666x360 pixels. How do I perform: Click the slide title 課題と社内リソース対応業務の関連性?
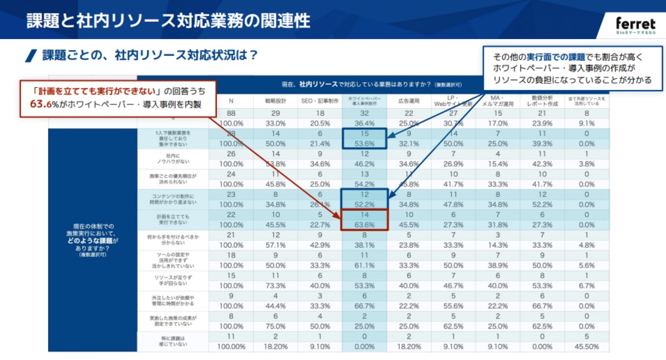[168, 20]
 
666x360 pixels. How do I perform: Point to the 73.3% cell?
[275, 286]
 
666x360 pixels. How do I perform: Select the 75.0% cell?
[275, 326]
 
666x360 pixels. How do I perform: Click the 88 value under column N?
[231, 114]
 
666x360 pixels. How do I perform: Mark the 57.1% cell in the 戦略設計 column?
[275, 245]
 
